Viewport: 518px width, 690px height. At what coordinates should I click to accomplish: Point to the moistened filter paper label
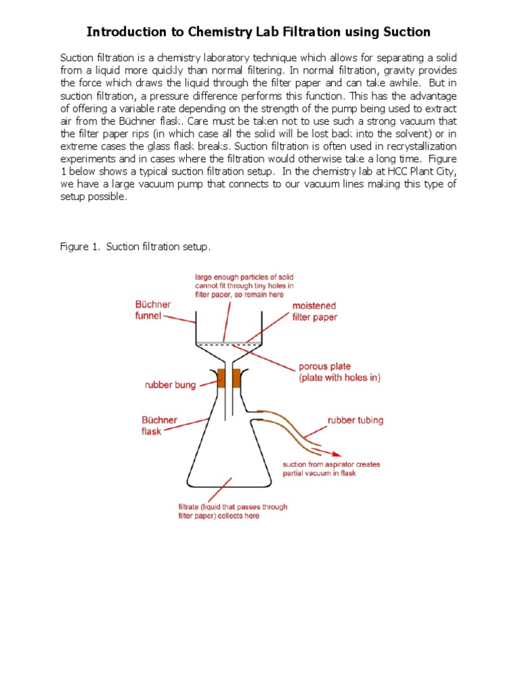314,311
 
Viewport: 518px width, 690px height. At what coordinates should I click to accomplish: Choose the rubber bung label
170,385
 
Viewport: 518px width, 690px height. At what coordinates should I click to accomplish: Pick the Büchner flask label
159,425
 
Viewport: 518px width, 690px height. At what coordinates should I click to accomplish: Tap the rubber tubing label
355,420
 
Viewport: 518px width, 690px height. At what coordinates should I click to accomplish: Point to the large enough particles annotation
243,286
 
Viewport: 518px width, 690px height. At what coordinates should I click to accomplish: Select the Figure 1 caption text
136,247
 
